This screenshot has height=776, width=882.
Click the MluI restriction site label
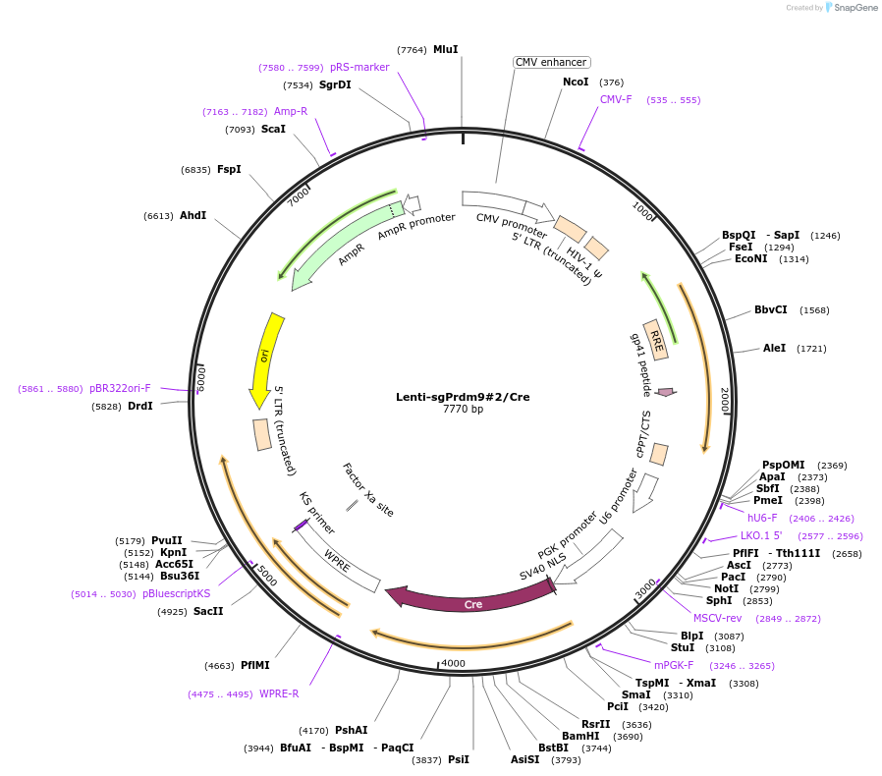pos(445,49)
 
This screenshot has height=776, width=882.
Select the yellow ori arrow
pos(266,359)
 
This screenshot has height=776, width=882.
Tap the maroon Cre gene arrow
pos(471,599)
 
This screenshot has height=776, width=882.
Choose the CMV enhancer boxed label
pos(551,62)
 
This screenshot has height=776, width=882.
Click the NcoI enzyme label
pos(576,83)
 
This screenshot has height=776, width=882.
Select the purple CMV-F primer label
pos(616,99)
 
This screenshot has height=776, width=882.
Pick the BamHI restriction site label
pos(580,736)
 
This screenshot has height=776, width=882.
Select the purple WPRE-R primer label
pos(279,693)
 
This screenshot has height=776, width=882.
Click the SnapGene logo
pos(851,8)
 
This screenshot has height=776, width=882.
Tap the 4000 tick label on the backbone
pos(453,663)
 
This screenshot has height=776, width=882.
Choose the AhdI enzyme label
pos(193,215)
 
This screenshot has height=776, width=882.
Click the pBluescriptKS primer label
pos(176,593)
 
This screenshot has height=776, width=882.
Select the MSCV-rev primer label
pos(717,618)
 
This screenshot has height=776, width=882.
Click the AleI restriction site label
pos(774,348)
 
